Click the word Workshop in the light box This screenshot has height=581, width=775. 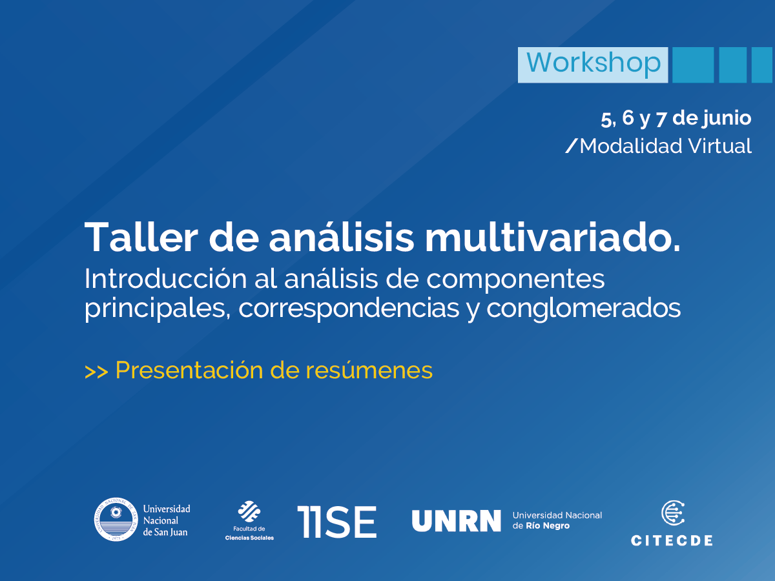click(593, 63)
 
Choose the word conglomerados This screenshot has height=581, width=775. click(584, 309)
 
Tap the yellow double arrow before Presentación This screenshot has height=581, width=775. click(96, 372)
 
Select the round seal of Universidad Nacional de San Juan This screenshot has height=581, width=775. click(117, 520)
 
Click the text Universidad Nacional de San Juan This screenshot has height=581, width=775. click(166, 520)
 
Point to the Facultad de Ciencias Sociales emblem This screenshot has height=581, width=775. click(249, 512)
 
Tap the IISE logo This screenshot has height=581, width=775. click(336, 522)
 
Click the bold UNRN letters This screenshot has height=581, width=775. click(456, 521)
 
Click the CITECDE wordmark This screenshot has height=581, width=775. click(672, 540)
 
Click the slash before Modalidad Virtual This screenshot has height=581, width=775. click(571, 147)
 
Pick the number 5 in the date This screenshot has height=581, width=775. click(605, 119)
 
